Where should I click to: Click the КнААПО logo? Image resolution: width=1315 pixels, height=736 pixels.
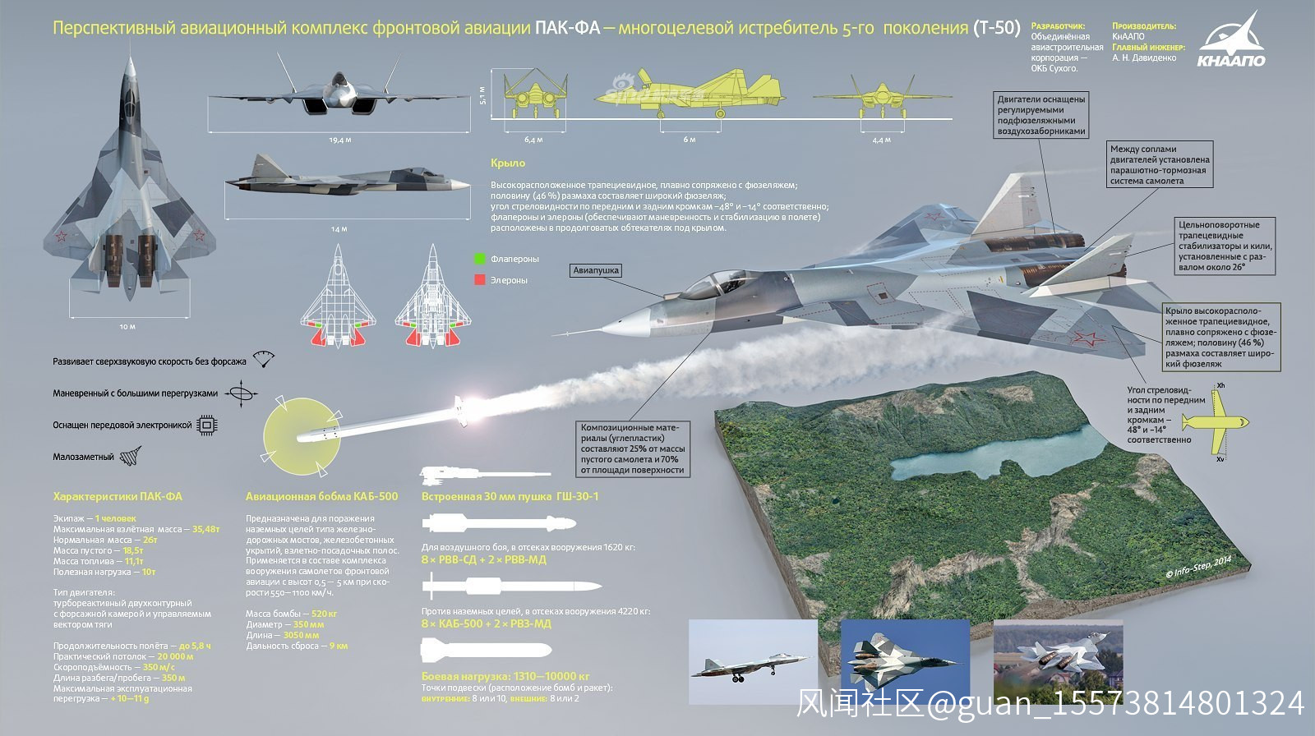click(x=1231, y=41)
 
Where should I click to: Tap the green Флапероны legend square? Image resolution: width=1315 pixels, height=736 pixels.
click(x=480, y=259)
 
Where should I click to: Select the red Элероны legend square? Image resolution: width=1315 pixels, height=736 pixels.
click(x=480, y=280)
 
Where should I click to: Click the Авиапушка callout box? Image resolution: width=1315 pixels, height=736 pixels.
click(x=596, y=270)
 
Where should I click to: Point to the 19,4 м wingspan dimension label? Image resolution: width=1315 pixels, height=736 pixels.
click(x=339, y=140)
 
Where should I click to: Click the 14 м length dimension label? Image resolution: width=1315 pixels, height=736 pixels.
click(x=339, y=229)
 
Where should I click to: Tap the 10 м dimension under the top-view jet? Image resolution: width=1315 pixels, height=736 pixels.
click(x=127, y=327)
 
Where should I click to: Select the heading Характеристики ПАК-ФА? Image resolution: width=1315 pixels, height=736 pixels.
click(x=118, y=497)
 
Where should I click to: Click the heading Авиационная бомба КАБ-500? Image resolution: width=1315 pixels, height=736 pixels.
click(x=321, y=497)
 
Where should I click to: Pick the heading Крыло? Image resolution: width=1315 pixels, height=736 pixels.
click(x=507, y=163)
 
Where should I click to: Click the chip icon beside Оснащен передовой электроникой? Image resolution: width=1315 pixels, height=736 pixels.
click(x=207, y=425)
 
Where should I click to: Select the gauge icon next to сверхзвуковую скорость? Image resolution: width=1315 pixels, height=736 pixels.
click(x=263, y=360)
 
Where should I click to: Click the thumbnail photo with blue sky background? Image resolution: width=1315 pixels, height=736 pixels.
click(x=906, y=661)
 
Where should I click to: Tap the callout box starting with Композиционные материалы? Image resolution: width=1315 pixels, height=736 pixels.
click(x=632, y=448)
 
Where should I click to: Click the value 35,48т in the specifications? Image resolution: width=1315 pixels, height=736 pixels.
click(x=205, y=530)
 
